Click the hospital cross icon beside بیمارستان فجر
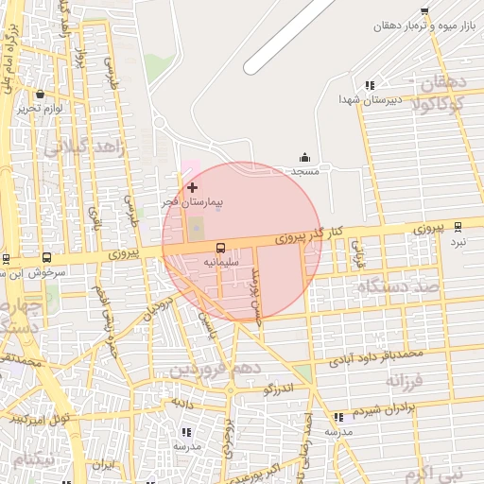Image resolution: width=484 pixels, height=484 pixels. (193, 188)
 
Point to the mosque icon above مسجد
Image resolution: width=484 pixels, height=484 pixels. (304, 158)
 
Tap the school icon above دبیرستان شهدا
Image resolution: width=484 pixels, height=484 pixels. (370, 85)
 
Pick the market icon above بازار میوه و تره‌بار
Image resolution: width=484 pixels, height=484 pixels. (424, 12)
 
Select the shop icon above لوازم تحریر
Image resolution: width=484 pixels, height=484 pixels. (40, 95)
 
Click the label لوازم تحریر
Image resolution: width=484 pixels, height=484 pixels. (40, 109)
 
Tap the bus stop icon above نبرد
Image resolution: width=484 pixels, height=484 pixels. (458, 226)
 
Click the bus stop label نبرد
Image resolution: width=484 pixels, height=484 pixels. (458, 241)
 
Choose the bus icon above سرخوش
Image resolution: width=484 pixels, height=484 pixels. (47, 257)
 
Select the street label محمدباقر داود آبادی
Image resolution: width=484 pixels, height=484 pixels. (375, 358)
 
